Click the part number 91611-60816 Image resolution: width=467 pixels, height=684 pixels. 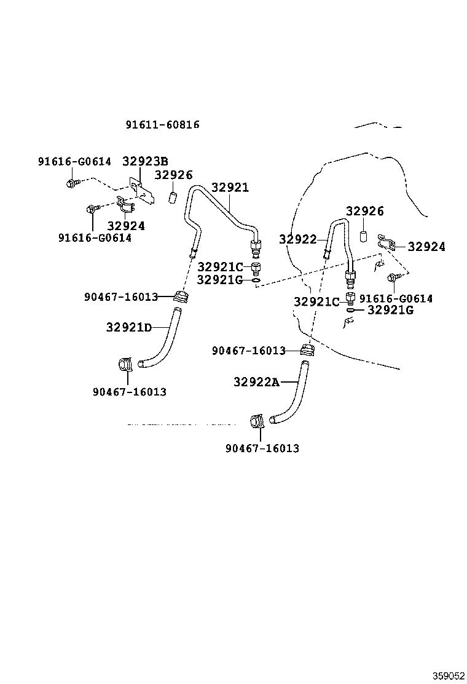(162, 125)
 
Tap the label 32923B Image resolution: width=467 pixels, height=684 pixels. (145, 161)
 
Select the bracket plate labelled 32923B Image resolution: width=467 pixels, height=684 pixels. (141, 190)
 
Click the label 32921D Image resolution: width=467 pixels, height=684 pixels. (129, 327)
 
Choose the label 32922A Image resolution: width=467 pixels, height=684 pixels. (256, 382)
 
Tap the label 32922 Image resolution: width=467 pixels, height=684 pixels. (298, 239)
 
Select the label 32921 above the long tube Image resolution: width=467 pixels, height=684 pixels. (230, 188)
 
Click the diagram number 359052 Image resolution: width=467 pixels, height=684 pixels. (448, 676)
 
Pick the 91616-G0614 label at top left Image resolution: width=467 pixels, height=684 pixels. (74, 161)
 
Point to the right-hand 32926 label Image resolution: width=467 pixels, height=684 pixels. (365, 211)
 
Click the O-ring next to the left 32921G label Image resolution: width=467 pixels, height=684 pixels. (257, 280)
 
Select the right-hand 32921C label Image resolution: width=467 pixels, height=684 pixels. (316, 302)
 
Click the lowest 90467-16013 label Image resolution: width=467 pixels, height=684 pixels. (262, 448)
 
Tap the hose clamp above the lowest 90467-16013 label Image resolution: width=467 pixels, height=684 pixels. (257, 422)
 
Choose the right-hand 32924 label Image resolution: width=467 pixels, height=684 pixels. (426, 247)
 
